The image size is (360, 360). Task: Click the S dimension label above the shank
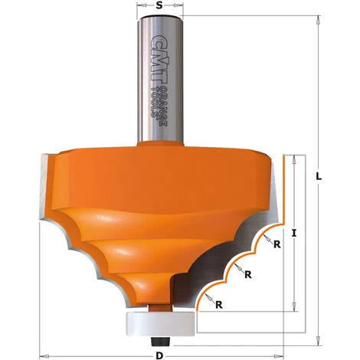(x=158, y=6)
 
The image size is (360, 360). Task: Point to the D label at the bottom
(x=159, y=355)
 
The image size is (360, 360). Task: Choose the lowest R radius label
(x=220, y=304)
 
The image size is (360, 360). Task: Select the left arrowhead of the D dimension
(x=44, y=355)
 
